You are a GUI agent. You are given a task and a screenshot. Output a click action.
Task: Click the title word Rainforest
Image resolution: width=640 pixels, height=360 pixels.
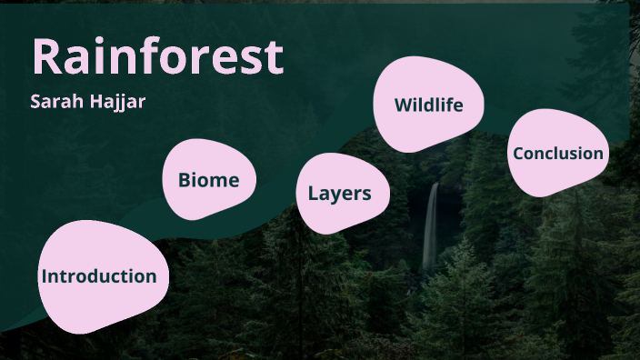(x=158, y=56)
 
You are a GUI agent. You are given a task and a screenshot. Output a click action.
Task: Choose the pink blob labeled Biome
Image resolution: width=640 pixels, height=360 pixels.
(x=208, y=180)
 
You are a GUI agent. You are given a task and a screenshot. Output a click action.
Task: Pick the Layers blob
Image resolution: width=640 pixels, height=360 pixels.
(x=340, y=193)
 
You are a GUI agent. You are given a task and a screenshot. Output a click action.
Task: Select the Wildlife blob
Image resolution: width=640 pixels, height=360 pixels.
(x=428, y=105)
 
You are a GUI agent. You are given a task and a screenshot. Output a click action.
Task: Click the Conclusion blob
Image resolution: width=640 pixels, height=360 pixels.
(x=557, y=153)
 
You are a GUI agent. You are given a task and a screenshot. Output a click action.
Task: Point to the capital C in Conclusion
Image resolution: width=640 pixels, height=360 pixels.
(x=519, y=153)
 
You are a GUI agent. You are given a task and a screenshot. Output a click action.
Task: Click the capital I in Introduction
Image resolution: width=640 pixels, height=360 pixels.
(x=44, y=276)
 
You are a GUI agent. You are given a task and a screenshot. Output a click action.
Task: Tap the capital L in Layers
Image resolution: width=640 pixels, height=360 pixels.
(x=313, y=193)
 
